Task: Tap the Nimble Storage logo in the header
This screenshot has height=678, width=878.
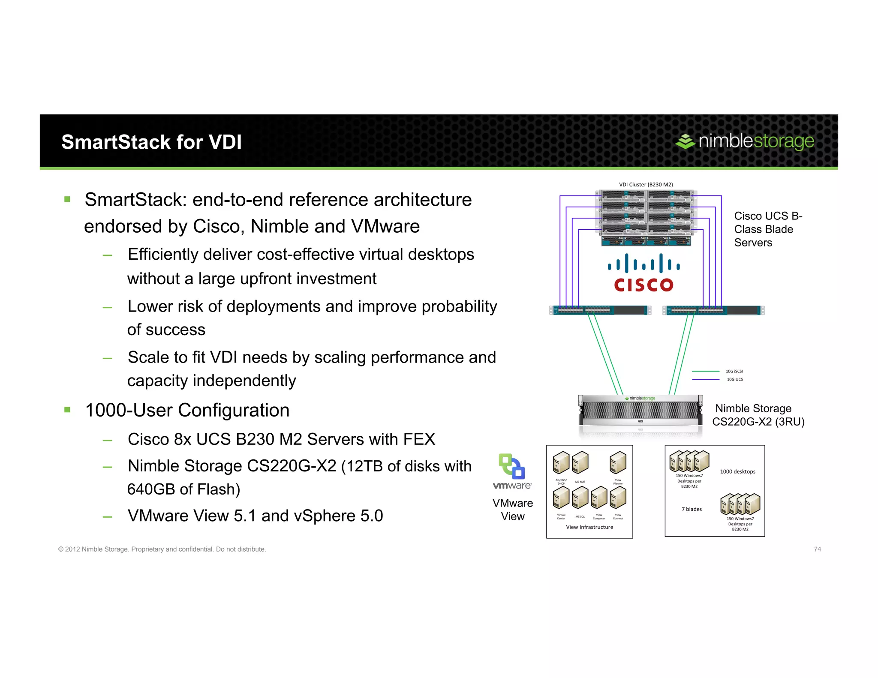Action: tap(744, 141)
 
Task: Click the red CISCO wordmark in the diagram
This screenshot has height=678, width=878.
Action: tap(643, 285)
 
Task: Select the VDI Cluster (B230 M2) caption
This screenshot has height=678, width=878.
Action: tap(646, 184)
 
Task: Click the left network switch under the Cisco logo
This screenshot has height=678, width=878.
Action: tap(600, 310)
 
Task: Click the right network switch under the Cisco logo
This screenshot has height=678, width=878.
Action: tap(713, 310)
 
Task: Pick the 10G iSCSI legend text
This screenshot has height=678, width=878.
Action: tap(734, 371)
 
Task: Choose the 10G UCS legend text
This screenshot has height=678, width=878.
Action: tap(734, 379)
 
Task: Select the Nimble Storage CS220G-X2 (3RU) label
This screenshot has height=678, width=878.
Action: tap(758, 415)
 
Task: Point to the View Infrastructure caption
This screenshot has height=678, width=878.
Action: tap(589, 527)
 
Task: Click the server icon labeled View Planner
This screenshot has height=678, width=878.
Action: tap(618, 463)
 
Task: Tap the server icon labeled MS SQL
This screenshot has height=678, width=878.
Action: tap(580, 498)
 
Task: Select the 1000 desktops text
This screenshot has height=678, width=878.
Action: tap(737, 471)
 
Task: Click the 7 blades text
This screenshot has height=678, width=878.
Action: tap(692, 509)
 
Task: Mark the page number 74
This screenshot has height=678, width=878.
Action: tap(817, 549)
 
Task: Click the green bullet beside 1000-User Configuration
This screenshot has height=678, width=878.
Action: tap(67, 410)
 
